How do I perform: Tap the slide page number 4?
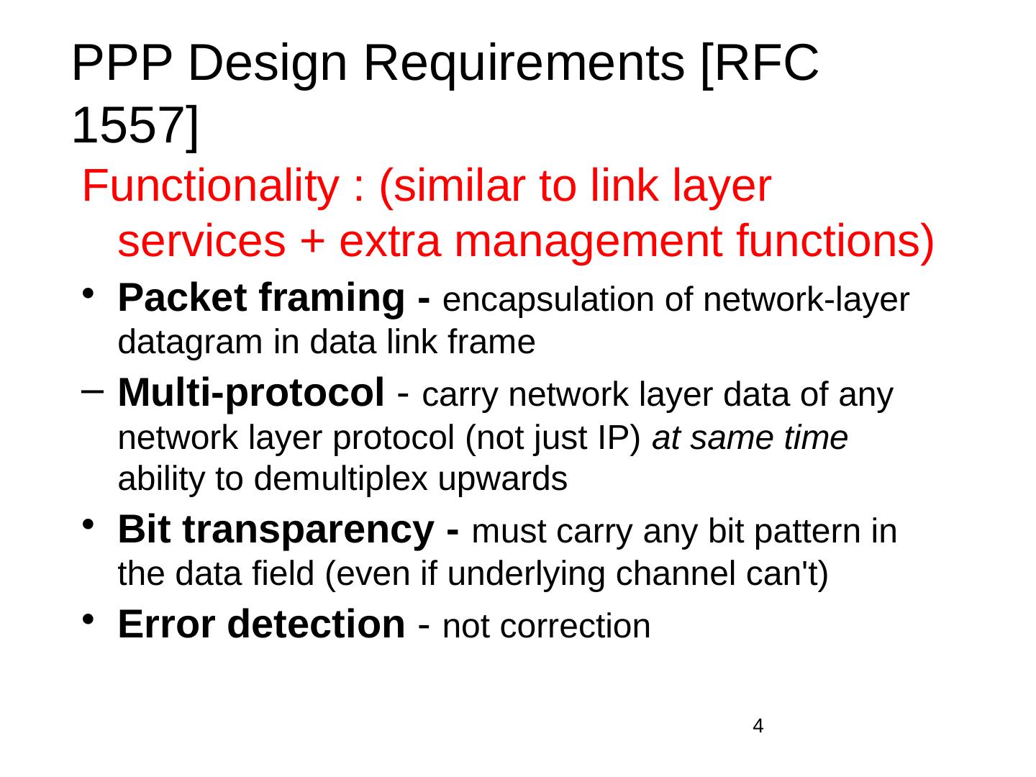tap(758, 726)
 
